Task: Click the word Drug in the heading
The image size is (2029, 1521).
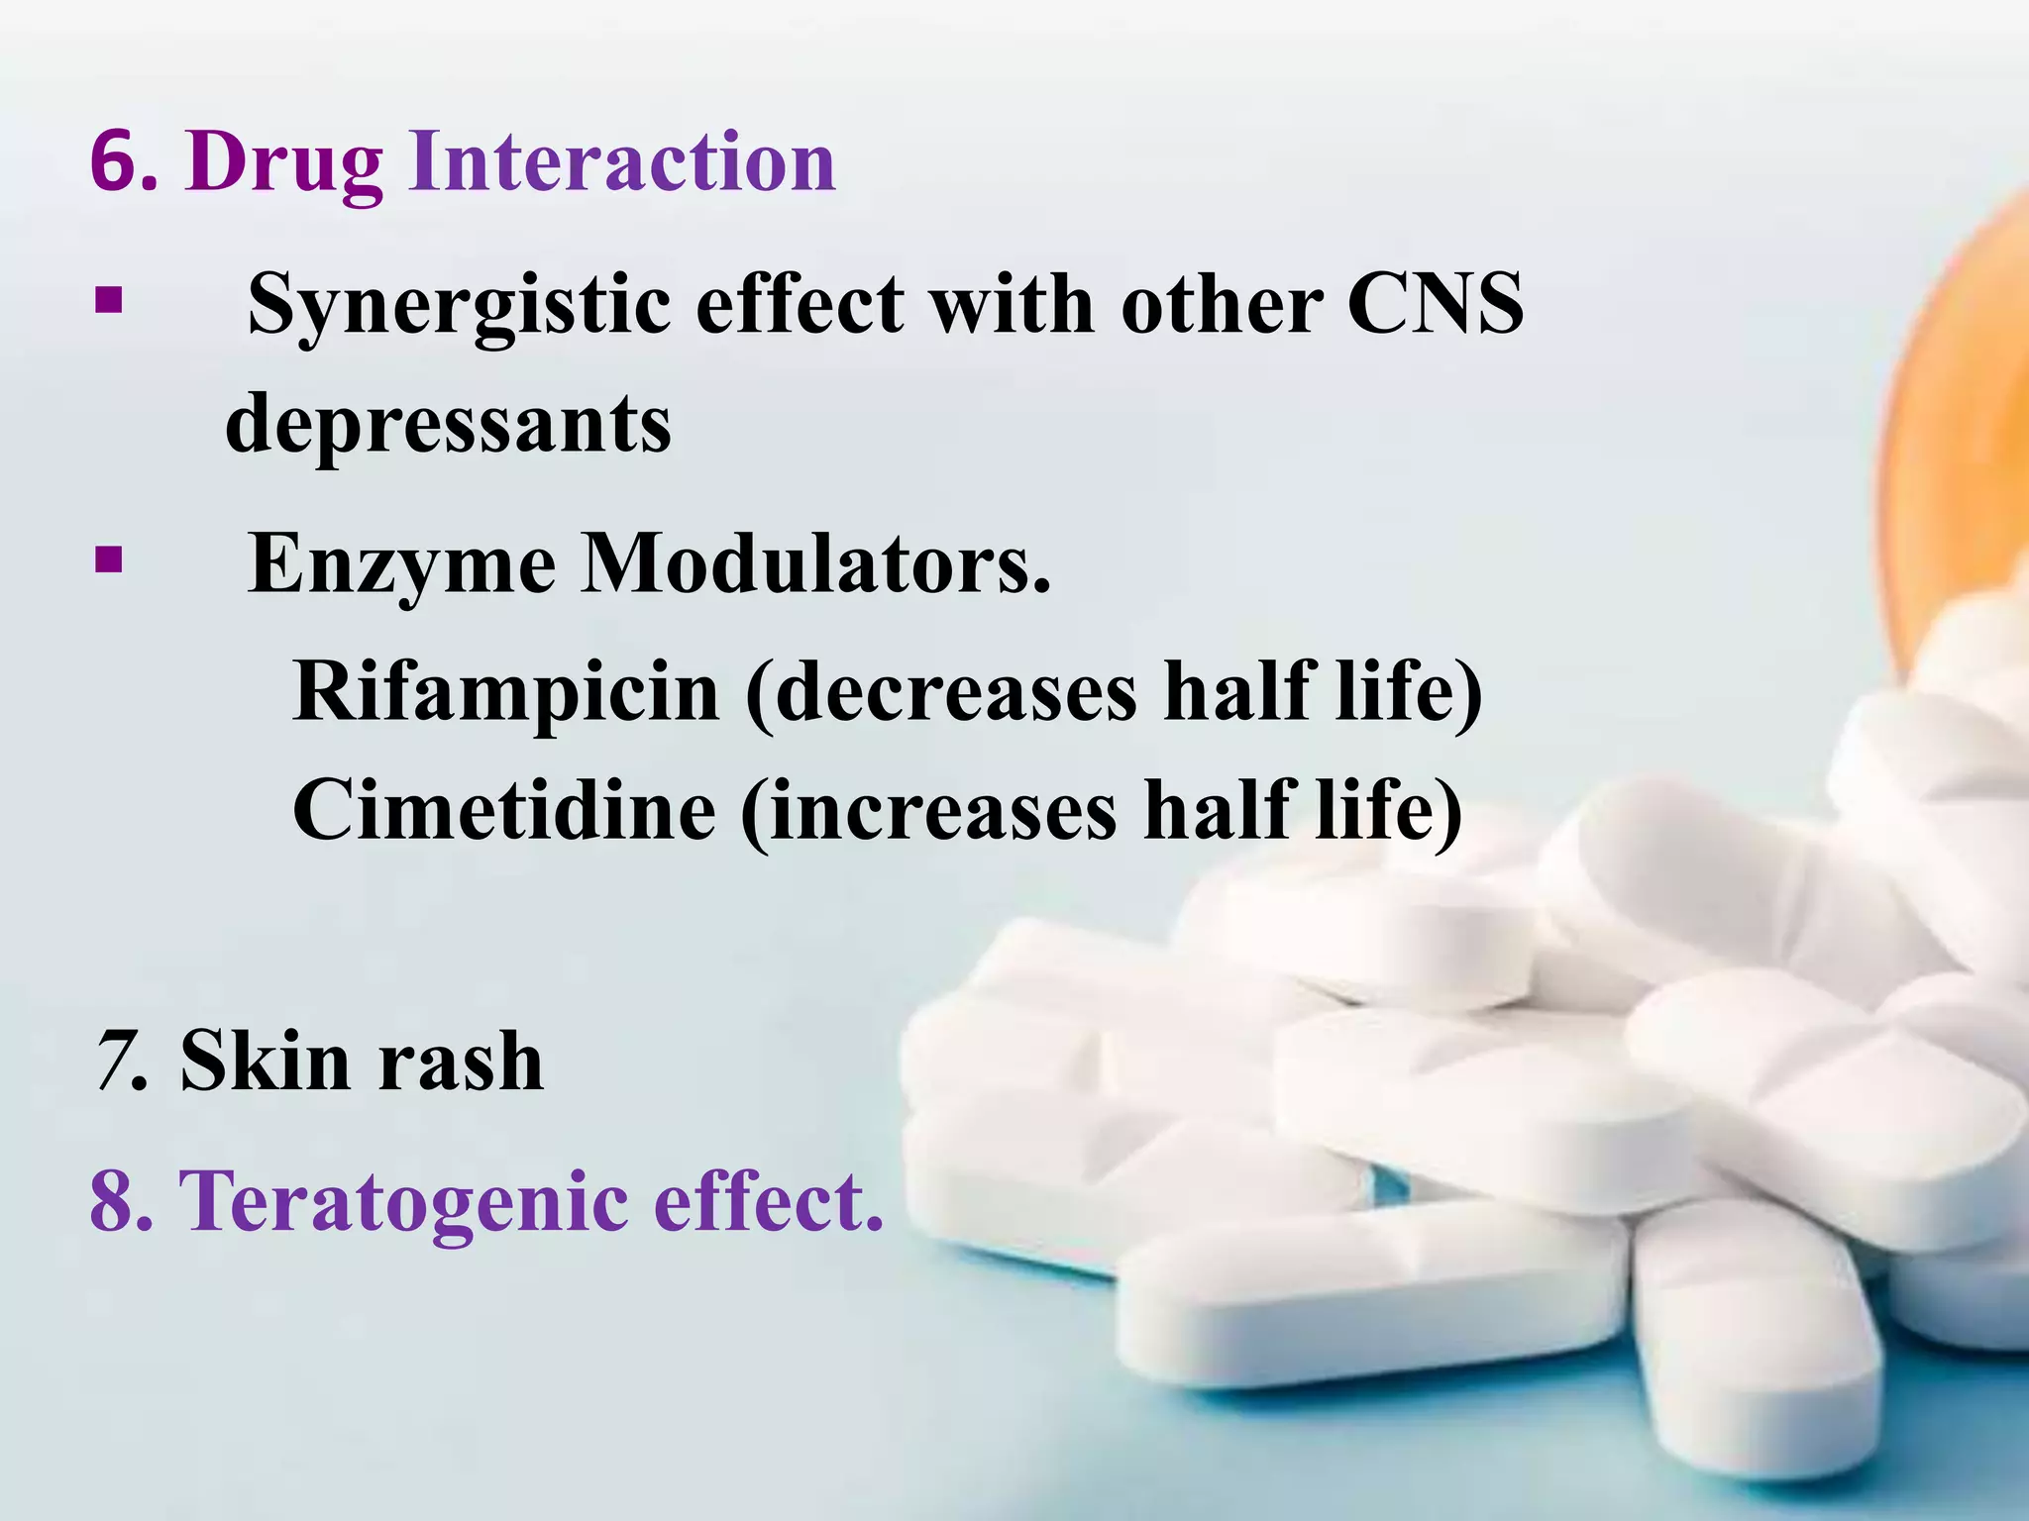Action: point(283,164)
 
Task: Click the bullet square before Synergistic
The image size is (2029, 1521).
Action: point(108,300)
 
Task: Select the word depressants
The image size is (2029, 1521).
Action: point(448,424)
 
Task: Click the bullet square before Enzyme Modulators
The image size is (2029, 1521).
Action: point(108,560)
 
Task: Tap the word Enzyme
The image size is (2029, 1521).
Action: point(401,564)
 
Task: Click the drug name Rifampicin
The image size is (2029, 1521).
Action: point(506,690)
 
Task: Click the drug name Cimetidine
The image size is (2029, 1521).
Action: point(504,810)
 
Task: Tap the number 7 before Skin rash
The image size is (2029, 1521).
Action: point(116,1061)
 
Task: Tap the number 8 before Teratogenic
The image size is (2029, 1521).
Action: point(119,1201)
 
